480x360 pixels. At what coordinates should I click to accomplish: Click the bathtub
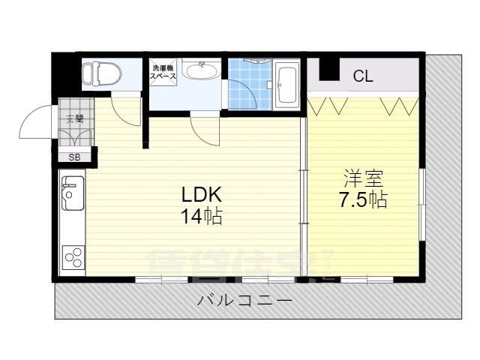[x=286, y=85]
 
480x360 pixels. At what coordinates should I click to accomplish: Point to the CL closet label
[x=363, y=76]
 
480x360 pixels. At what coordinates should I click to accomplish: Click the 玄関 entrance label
[x=73, y=118]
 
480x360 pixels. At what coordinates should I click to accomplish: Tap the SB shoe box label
[x=74, y=157]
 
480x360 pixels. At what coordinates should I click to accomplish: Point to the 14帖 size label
[x=201, y=217]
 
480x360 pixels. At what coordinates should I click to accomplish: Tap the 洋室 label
[x=363, y=179]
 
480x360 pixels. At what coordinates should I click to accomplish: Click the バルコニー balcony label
[x=244, y=301]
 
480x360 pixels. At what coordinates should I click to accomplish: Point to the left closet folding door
[x=327, y=105]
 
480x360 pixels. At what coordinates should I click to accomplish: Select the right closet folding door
[x=397, y=105]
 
